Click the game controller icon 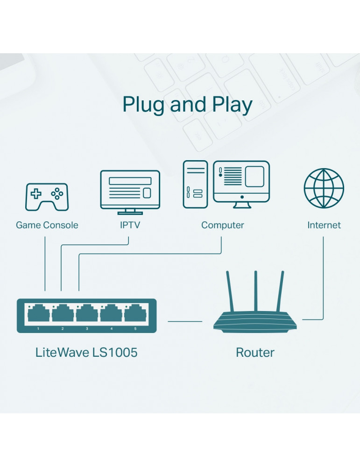[x=46, y=197]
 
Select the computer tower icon [x=195, y=184]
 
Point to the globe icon [x=324, y=189]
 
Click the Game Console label [x=47, y=225]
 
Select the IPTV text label [x=130, y=225]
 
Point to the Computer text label [x=222, y=225]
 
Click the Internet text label [x=324, y=225]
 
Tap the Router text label [x=255, y=352]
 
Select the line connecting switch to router [x=185, y=321]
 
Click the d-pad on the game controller [x=36, y=192]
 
